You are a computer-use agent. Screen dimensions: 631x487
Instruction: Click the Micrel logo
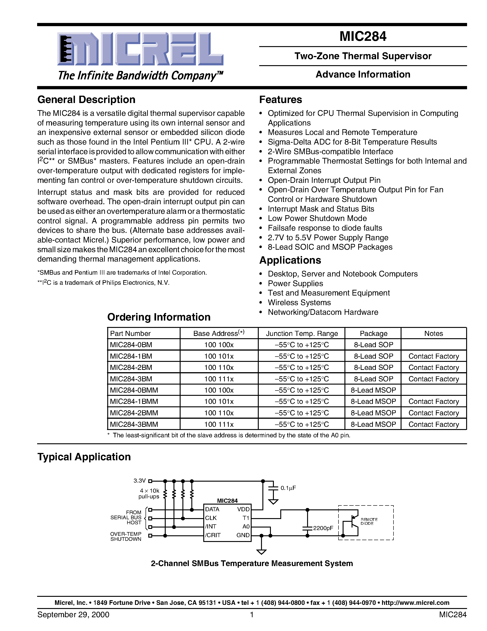140,49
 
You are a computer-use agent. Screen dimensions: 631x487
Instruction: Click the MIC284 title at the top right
363,36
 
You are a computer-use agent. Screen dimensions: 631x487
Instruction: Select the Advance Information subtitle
363,75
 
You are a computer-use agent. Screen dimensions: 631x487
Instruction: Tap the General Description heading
86,100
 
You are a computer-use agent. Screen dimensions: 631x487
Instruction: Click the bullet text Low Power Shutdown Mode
317,218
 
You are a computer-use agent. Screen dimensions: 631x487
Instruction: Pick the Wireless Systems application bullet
299,302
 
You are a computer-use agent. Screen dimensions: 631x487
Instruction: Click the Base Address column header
219,333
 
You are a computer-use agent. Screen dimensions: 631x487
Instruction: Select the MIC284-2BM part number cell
131,368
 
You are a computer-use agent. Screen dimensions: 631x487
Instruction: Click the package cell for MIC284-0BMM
373,390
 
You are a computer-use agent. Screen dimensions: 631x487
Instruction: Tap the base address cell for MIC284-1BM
219,356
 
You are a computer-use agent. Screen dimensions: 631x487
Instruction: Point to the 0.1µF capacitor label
288,488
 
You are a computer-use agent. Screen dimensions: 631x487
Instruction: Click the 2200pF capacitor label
323,528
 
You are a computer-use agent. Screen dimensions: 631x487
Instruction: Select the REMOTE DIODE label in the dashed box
369,522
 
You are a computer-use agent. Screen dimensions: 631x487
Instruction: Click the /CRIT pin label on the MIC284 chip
213,535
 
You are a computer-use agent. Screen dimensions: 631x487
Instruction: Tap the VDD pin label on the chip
243,509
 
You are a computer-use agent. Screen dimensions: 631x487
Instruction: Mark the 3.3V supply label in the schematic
139,481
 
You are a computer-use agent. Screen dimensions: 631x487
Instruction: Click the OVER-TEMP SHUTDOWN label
126,536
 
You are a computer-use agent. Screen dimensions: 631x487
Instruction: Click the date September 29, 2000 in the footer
73,614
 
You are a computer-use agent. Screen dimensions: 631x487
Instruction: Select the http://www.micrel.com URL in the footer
415,603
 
